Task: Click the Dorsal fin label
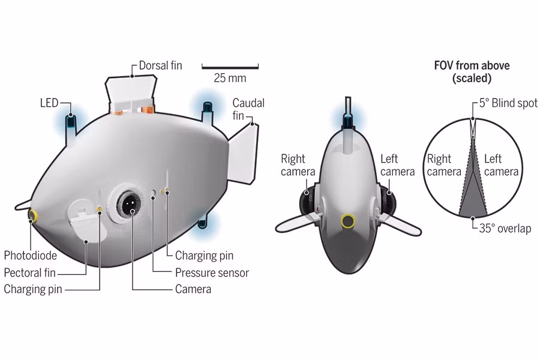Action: pos(160,65)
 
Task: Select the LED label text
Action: pos(49,103)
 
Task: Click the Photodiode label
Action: pos(31,256)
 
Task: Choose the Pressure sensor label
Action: pos(212,272)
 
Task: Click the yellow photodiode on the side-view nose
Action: pos(32,215)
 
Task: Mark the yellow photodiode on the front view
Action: pos(347,221)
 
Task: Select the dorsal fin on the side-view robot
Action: pos(131,94)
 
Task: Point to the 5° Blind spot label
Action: pos(508,103)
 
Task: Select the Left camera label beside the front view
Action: pos(397,165)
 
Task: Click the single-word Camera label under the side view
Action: pos(193,289)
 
